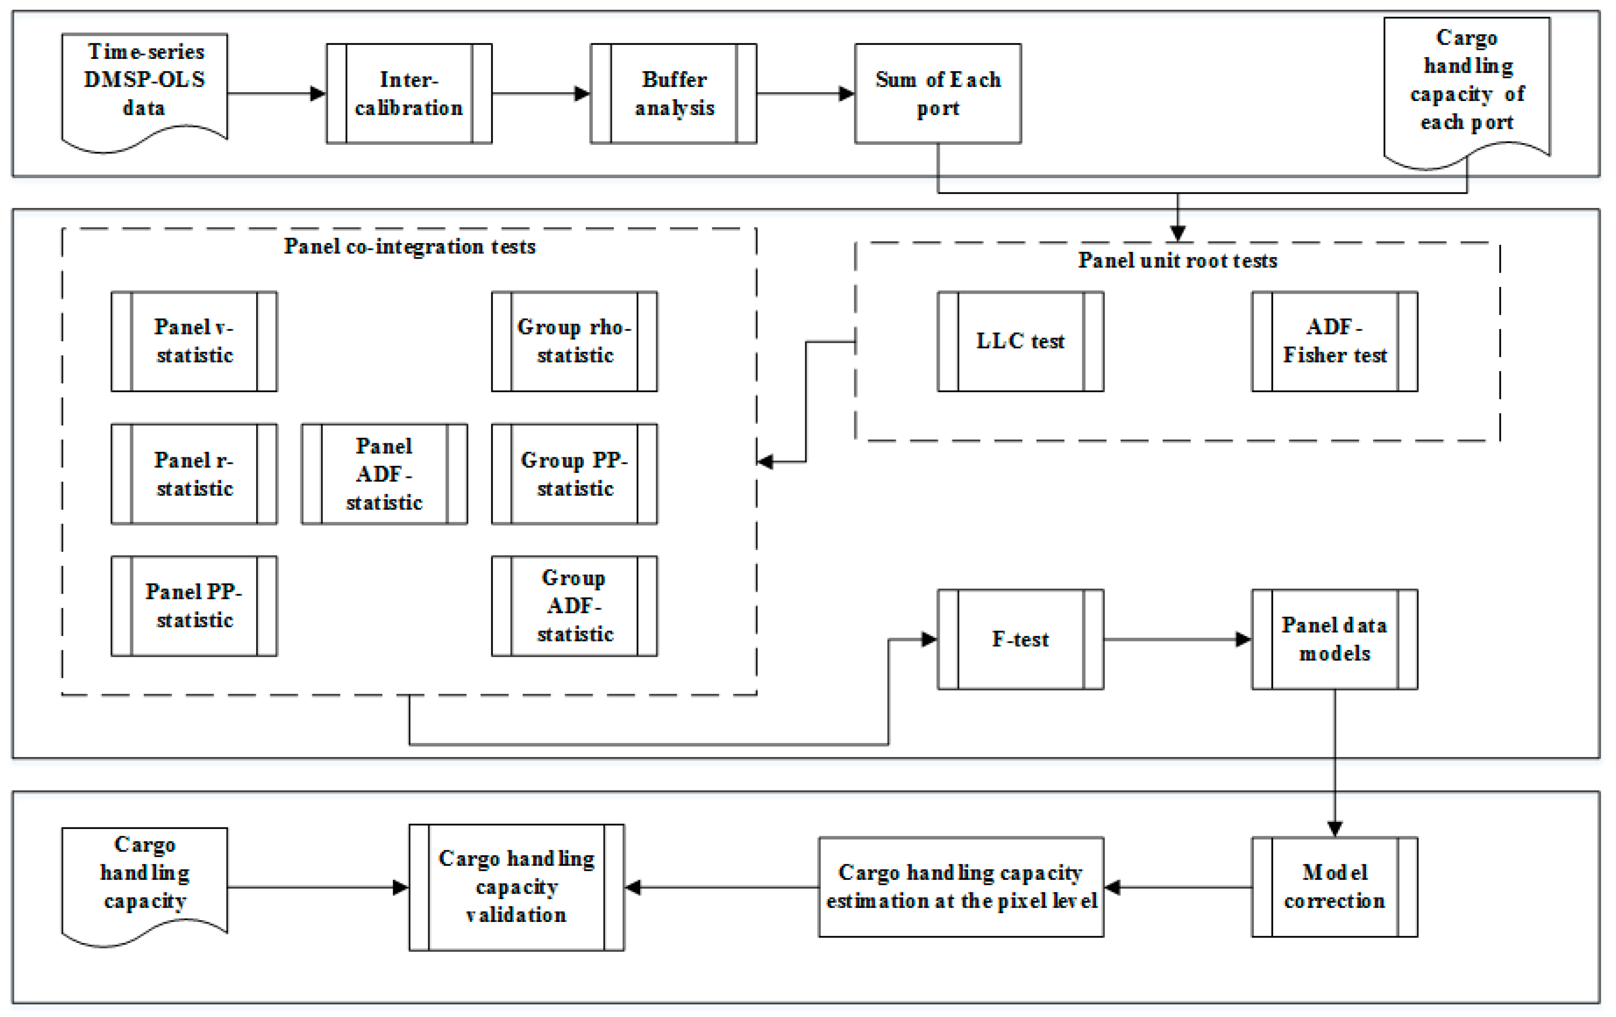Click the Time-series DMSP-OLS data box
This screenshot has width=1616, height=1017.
[x=144, y=87]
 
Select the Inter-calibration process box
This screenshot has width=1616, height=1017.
[x=409, y=94]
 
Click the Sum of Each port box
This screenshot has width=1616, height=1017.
[x=937, y=94]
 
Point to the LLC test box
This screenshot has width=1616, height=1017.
[x=1020, y=341]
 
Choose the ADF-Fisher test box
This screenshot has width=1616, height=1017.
[x=1334, y=341]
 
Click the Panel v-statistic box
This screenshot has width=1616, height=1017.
[x=194, y=341]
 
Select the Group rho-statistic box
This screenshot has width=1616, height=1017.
[x=574, y=341]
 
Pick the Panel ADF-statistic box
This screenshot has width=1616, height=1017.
[x=384, y=474]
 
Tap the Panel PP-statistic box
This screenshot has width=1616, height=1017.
[x=194, y=605]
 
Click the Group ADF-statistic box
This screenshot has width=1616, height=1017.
[x=574, y=605]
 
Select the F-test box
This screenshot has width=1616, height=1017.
[x=1020, y=639]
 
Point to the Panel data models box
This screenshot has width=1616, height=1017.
[x=1334, y=639]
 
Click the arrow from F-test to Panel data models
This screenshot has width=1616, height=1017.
[x=1177, y=639]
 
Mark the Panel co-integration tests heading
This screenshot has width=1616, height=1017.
[x=410, y=246]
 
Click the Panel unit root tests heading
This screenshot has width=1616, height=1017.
[x=1177, y=260]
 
